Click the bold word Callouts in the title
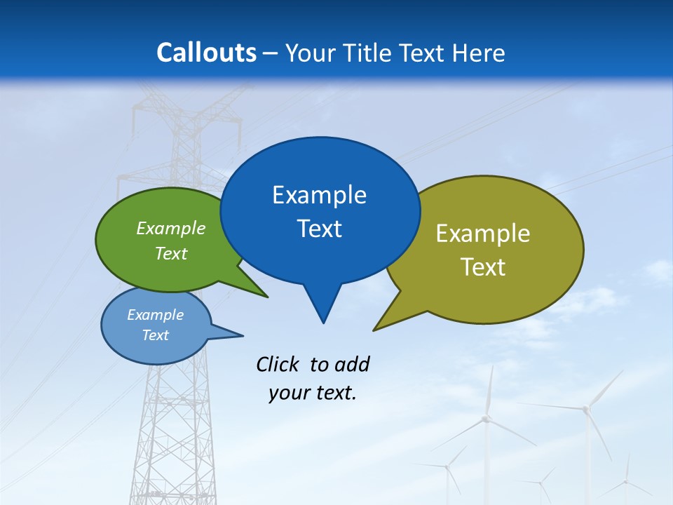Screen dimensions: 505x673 tap(206, 53)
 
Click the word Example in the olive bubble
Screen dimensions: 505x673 tap(483, 234)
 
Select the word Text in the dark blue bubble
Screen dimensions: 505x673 tap(320, 229)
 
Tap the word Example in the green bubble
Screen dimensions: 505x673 tap(171, 228)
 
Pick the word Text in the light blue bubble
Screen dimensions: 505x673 tap(155, 335)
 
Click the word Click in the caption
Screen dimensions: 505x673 tap(278, 364)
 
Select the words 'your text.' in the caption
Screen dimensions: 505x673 tap(313, 393)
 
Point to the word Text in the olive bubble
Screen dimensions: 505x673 tap(483, 267)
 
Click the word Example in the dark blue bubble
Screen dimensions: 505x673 tap(320, 195)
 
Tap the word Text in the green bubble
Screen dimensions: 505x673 tap(171, 253)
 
